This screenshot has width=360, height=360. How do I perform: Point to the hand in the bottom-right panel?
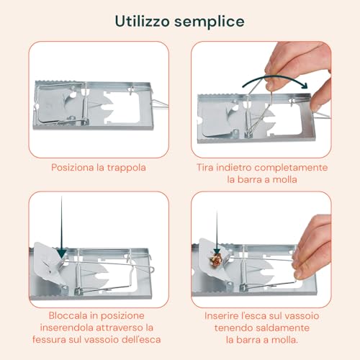point(310,238)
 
